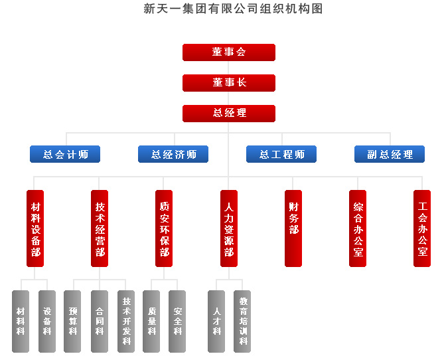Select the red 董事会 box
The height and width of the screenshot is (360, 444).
229,52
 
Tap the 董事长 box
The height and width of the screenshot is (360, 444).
229,83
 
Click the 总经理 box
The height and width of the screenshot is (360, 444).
229,114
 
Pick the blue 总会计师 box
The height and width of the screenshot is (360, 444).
65,155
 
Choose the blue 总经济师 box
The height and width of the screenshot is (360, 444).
173,155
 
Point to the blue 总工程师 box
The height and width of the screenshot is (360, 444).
281,155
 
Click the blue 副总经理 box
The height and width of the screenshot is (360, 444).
390,155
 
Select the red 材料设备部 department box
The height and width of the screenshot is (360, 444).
35,229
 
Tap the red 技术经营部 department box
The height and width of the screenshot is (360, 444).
100,229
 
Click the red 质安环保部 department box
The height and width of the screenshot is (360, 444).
164,229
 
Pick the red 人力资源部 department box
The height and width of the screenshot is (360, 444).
229,229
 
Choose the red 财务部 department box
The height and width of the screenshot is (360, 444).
293,229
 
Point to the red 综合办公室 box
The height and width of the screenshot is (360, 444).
358,229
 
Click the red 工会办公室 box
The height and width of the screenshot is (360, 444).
422,229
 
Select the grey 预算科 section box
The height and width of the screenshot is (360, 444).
72,321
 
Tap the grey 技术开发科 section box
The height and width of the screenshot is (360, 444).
125,321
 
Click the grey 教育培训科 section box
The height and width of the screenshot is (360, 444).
242,321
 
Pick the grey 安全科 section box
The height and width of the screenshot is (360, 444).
177,321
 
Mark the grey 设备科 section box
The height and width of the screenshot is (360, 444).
46,321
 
